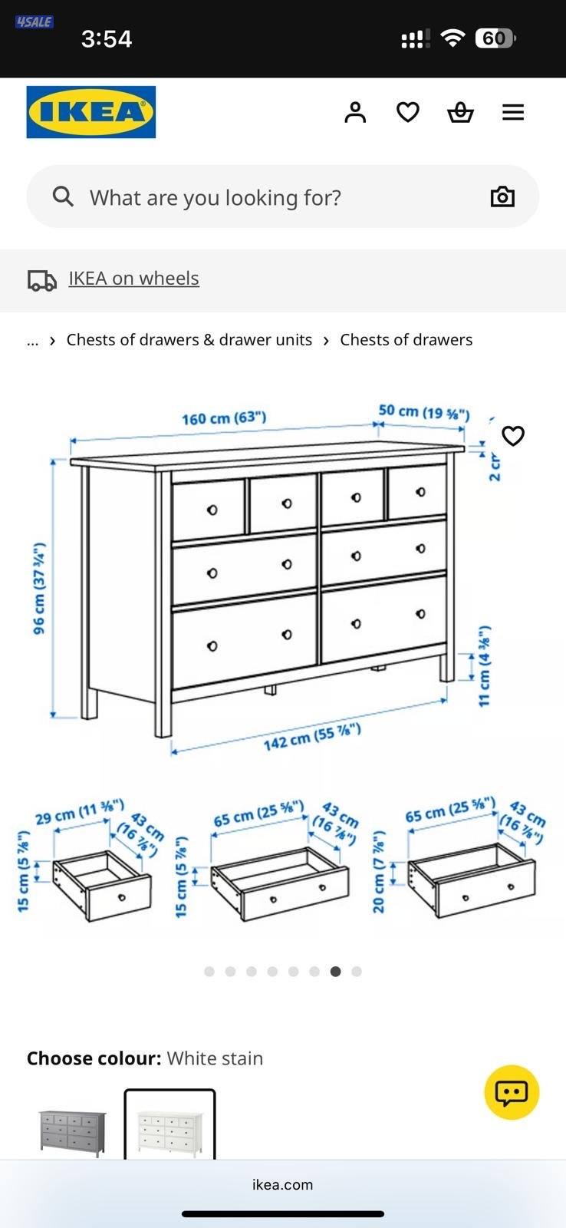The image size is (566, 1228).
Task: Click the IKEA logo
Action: (90, 112)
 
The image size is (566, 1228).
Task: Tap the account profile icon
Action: (355, 112)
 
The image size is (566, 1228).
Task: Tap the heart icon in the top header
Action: (407, 112)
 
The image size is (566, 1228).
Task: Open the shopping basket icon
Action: (460, 112)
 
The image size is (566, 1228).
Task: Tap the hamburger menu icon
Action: (513, 112)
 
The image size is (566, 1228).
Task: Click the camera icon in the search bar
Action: (502, 196)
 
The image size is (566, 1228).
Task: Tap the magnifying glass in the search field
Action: (63, 196)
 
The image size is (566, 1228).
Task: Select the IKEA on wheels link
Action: (133, 279)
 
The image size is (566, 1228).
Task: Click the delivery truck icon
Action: (42, 280)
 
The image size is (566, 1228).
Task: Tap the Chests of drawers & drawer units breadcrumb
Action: (189, 340)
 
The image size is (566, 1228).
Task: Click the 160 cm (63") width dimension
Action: (223, 418)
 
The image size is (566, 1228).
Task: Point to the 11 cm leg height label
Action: (485, 666)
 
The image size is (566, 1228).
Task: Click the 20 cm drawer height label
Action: (379, 871)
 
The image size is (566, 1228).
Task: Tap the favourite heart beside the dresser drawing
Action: (512, 436)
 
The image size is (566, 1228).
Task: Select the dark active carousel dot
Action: (335, 971)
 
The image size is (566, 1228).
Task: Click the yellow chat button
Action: (512, 1091)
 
